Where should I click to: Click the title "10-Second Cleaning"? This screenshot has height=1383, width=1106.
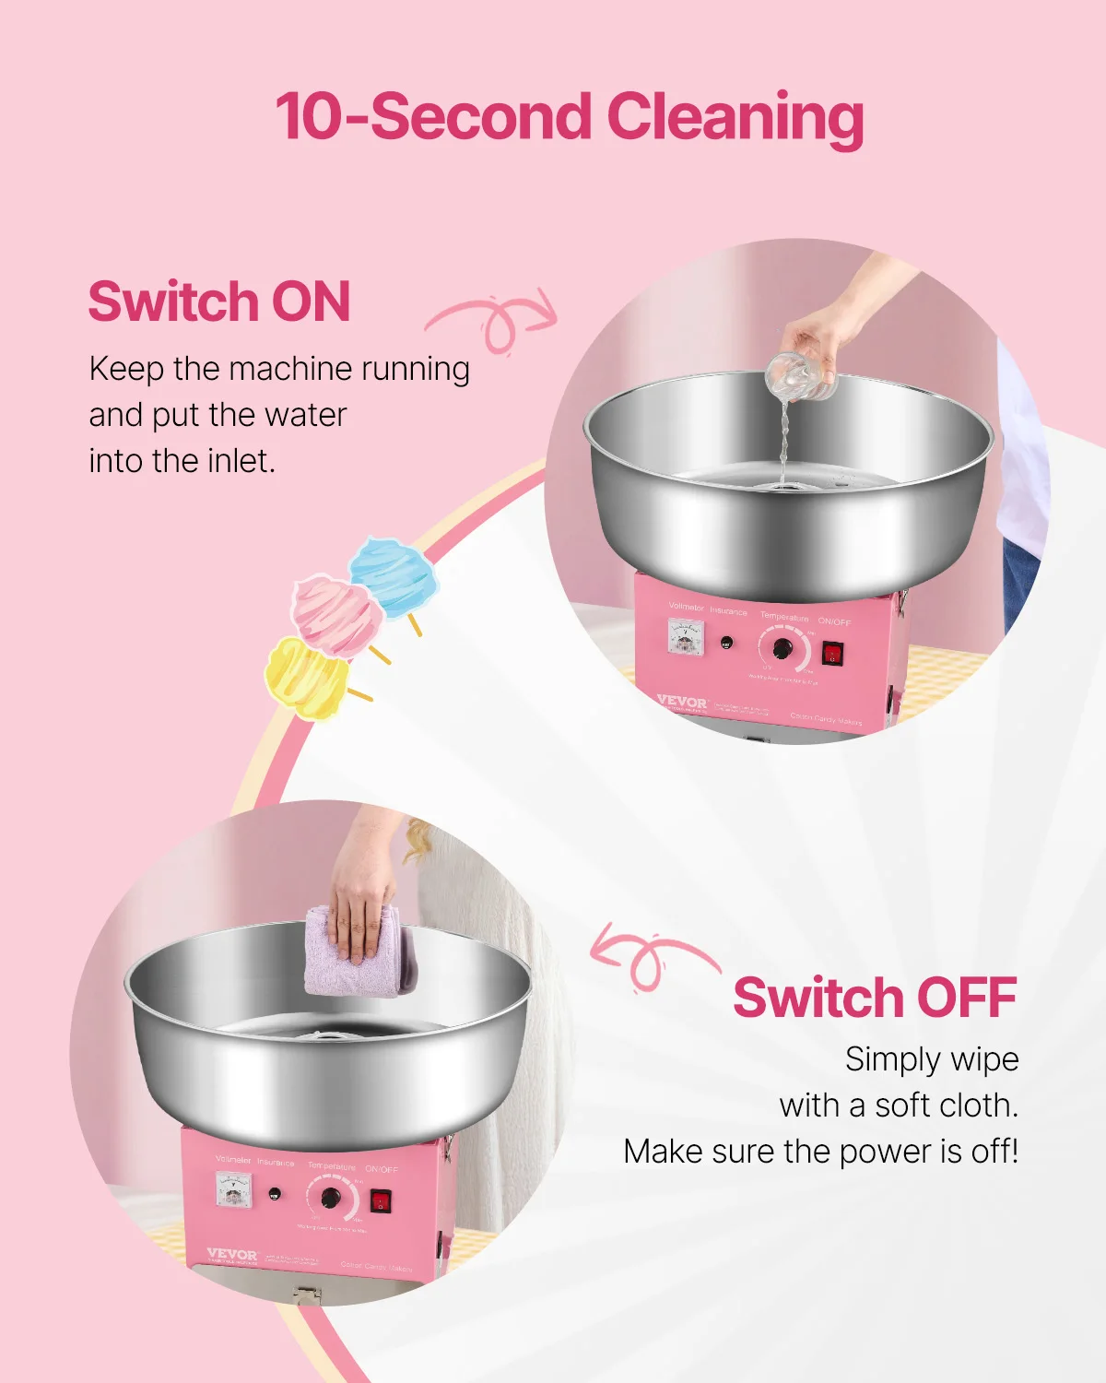(x=570, y=117)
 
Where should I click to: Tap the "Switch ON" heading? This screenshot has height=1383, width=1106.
(x=219, y=301)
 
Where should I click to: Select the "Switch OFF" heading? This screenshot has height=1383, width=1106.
(x=875, y=998)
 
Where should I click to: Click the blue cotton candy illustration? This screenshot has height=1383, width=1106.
(x=394, y=576)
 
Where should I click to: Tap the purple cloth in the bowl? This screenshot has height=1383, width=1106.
(x=358, y=954)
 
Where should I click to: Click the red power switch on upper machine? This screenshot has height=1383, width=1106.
(x=833, y=653)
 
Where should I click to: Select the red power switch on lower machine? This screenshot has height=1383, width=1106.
(x=381, y=1200)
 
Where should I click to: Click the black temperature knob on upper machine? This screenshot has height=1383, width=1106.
(x=782, y=648)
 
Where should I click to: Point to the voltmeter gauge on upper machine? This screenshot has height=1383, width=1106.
(x=686, y=636)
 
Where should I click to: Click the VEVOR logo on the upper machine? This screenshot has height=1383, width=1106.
(x=682, y=703)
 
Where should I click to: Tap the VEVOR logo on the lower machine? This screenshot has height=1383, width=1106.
(x=232, y=1255)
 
